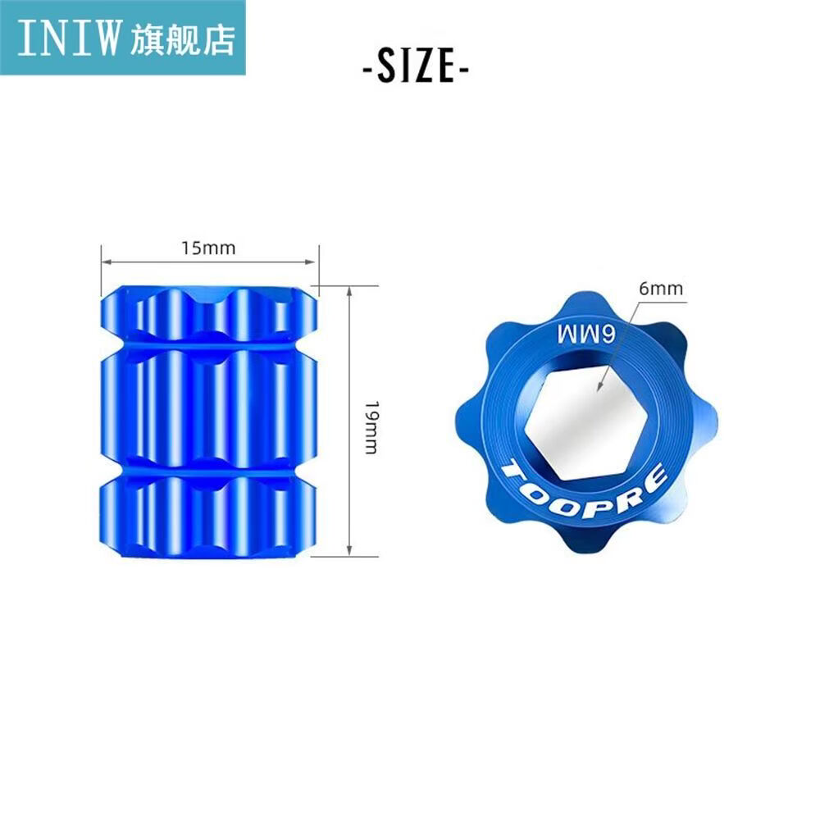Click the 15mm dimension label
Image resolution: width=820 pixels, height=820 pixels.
208,248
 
